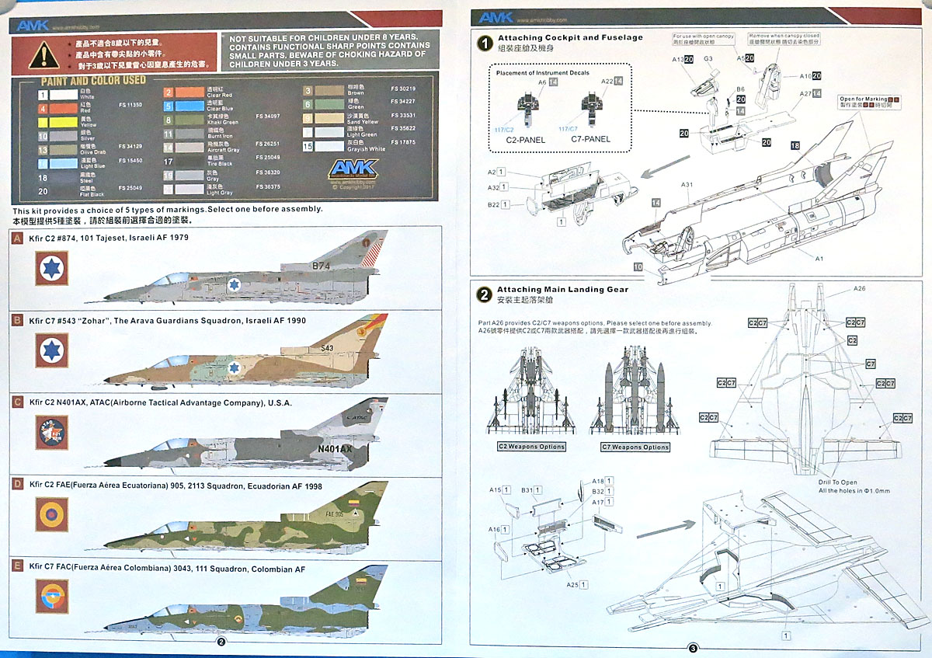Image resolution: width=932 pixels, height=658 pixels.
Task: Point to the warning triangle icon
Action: click(43, 55)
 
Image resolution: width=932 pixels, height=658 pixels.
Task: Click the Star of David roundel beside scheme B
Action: click(52, 350)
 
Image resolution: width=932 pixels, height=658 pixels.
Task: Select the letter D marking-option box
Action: click(17, 486)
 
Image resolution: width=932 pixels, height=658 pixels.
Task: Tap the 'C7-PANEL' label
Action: click(591, 140)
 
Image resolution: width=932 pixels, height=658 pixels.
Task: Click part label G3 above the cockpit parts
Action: click(708, 59)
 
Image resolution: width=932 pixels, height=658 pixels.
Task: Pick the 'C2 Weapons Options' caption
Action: click(532, 447)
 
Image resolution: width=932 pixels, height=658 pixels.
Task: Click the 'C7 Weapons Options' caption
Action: click(635, 447)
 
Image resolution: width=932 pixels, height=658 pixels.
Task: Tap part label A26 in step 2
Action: click(860, 289)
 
